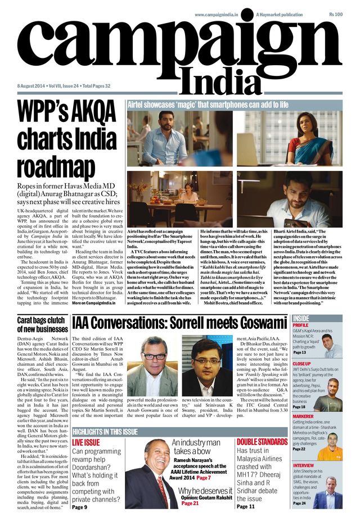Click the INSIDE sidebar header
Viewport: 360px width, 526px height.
[x=301, y=318]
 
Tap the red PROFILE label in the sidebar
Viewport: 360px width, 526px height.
[x=301, y=325]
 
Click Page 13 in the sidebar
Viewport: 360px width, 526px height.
[x=299, y=352]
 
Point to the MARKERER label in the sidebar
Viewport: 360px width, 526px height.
[x=303, y=416]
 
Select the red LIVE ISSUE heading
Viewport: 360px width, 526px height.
[x=86, y=443]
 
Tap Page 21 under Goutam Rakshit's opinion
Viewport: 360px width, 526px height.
[x=190, y=504]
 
